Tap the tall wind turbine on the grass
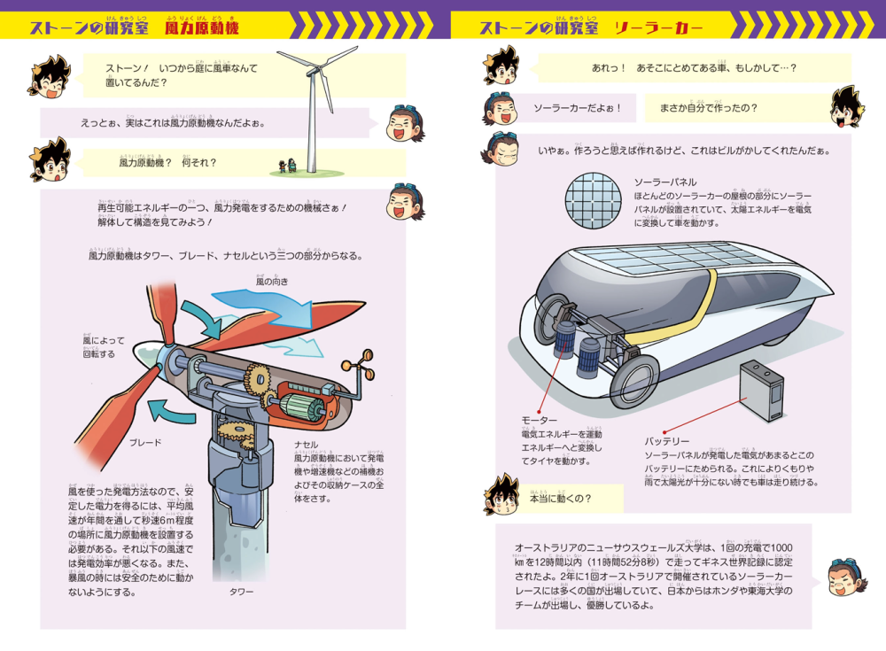(312, 106)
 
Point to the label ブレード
(145, 441)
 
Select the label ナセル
(306, 445)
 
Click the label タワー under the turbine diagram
(241, 591)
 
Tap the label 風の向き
(272, 281)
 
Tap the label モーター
(540, 420)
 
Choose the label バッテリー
(667, 441)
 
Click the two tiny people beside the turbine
(284, 166)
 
